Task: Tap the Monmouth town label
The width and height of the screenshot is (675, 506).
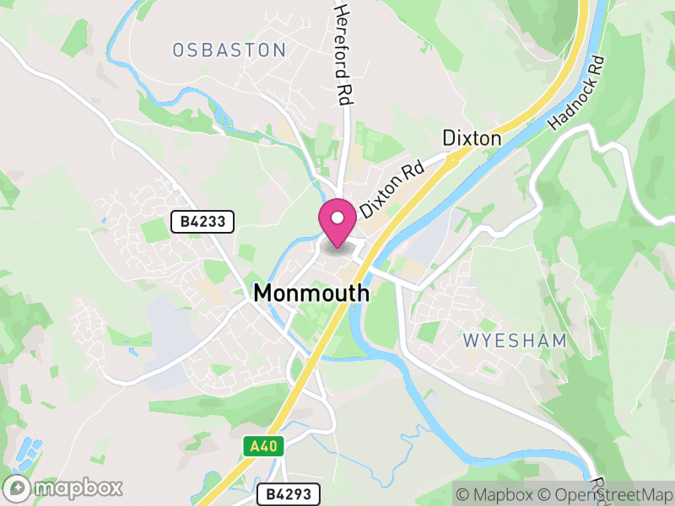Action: point(311,293)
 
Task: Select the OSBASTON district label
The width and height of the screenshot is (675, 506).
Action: point(229,51)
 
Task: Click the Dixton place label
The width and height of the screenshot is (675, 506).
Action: point(472,138)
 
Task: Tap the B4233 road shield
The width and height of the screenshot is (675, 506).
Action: point(202,222)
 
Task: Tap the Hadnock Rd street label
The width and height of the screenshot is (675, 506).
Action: point(577,93)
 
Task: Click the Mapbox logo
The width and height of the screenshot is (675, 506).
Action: point(64,487)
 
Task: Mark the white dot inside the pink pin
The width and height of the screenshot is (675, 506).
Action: point(337,218)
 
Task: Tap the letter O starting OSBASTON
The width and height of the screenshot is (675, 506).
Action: point(179,51)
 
